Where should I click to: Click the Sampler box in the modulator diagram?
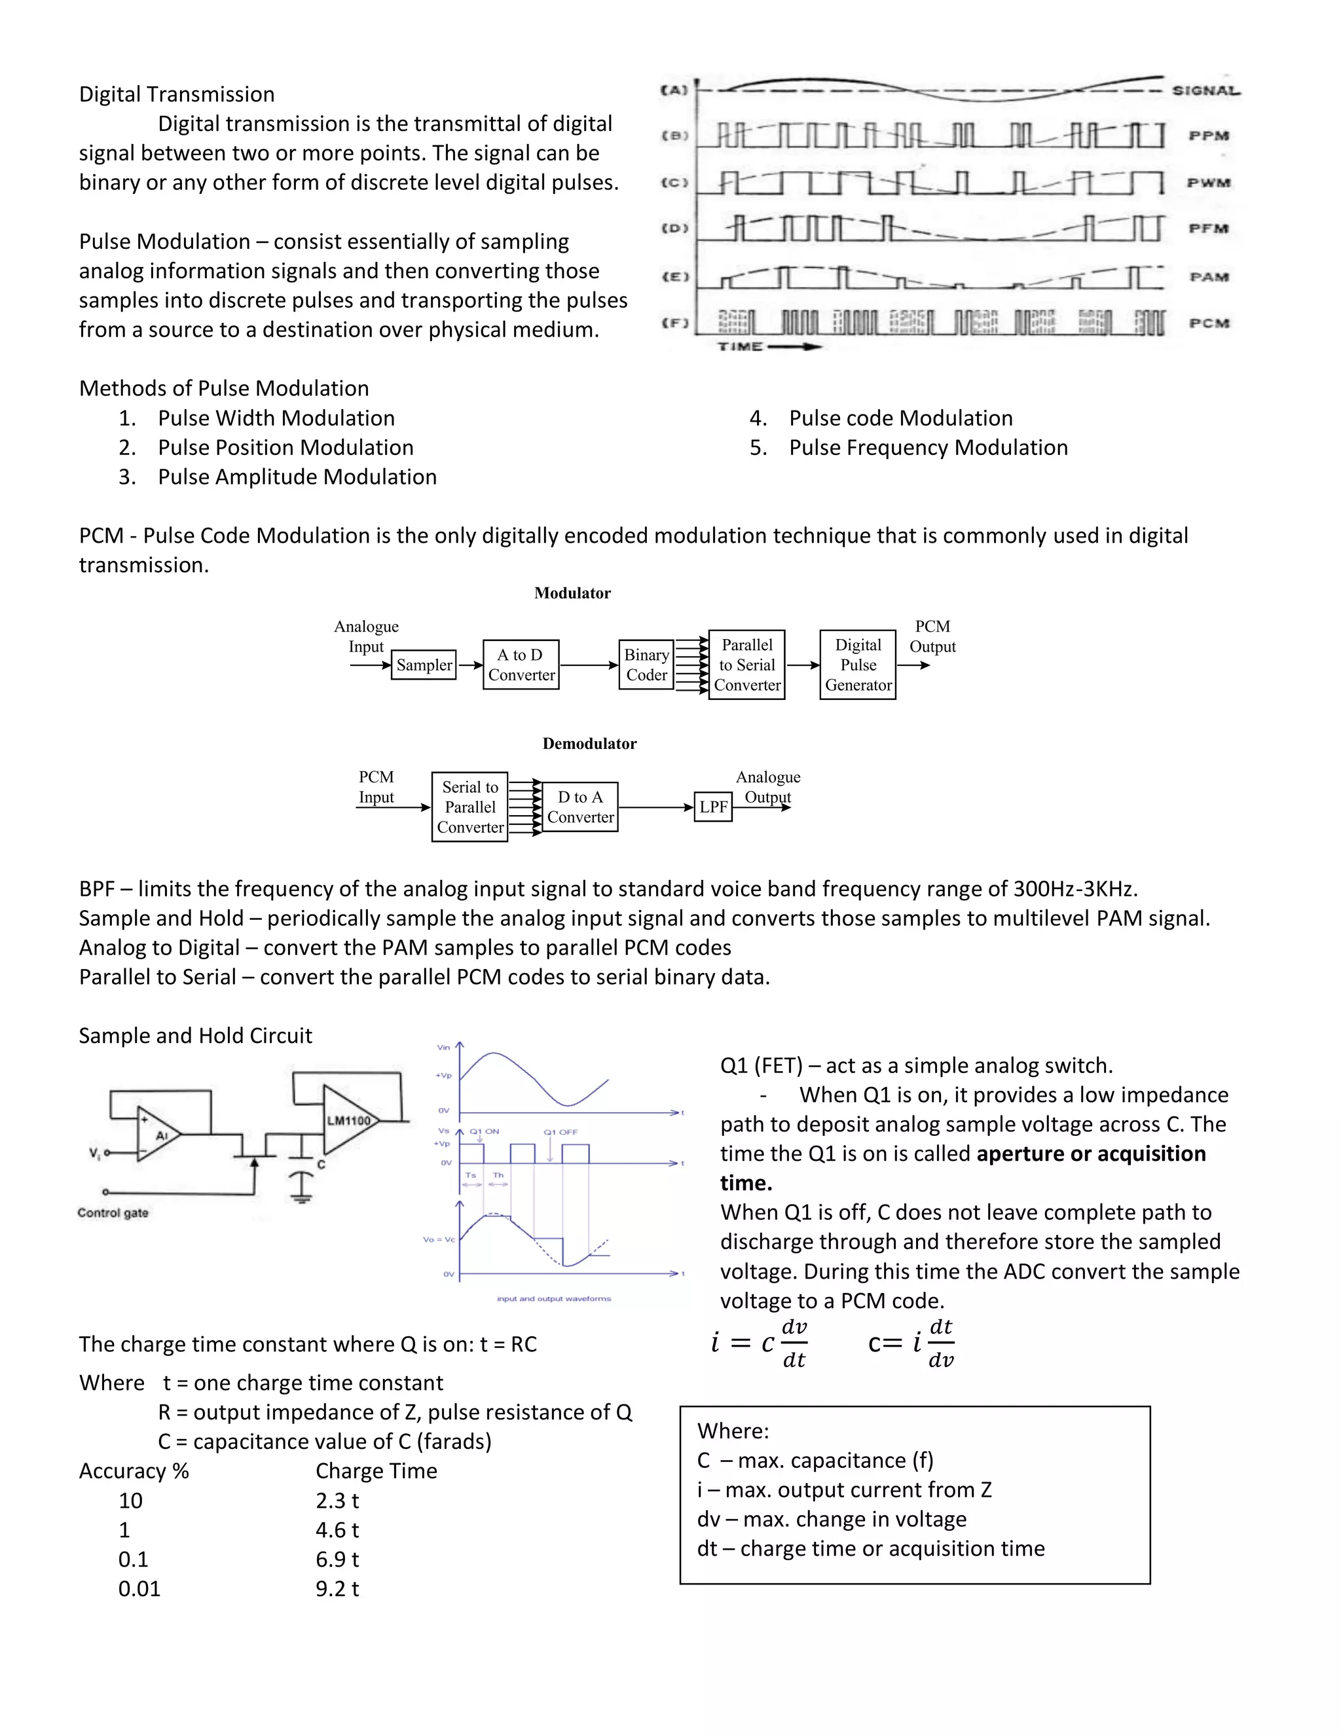tap(424, 665)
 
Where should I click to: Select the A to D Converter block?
tap(521, 665)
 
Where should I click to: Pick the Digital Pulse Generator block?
tap(857, 665)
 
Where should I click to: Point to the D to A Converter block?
tap(580, 807)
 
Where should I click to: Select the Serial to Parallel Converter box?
tap(469, 807)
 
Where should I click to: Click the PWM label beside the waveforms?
tap(1208, 183)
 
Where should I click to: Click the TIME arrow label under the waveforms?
tap(767, 346)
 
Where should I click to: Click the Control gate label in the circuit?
tap(113, 1213)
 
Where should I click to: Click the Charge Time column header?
tap(376, 1471)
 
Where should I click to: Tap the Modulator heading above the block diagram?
tap(572, 593)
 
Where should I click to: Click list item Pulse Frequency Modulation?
tap(928, 448)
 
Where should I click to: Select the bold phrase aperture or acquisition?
tap(1091, 1154)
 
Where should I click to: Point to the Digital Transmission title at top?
tap(176, 94)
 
